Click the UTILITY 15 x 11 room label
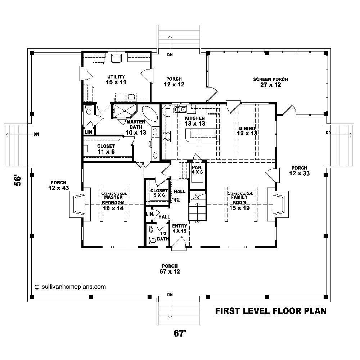[x=116, y=80]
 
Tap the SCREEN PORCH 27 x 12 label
[x=270, y=82]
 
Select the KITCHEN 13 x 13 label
[x=194, y=121]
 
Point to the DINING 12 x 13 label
[x=246, y=131]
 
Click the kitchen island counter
[x=202, y=136]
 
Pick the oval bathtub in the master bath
[x=149, y=114]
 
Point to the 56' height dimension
[x=17, y=180]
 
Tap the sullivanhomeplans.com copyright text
[x=70, y=287]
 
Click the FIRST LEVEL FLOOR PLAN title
[x=271, y=311]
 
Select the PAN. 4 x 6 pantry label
[x=198, y=170]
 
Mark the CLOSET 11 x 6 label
[x=106, y=149]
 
